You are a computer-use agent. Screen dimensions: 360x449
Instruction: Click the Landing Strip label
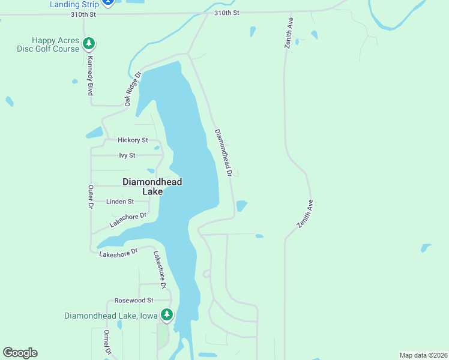click(74, 4)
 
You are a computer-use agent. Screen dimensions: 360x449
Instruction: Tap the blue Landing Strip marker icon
click(107, 2)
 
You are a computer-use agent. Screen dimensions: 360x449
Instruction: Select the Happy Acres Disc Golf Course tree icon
click(89, 43)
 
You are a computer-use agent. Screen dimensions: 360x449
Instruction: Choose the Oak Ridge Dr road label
click(133, 90)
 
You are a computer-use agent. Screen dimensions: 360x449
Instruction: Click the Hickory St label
click(133, 140)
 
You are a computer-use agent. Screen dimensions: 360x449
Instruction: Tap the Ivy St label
click(128, 155)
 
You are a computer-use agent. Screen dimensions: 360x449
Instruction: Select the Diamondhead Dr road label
click(223, 152)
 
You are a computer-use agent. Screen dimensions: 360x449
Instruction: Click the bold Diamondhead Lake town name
click(152, 187)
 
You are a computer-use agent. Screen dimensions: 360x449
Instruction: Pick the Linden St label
click(120, 202)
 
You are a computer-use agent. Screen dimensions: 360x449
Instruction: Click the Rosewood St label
click(134, 300)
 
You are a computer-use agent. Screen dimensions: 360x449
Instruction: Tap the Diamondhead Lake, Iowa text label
click(111, 316)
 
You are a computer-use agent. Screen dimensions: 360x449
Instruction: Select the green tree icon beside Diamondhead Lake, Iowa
click(166, 314)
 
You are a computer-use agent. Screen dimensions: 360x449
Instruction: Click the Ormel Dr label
click(107, 343)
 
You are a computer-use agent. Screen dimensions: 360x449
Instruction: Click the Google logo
click(20, 353)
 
